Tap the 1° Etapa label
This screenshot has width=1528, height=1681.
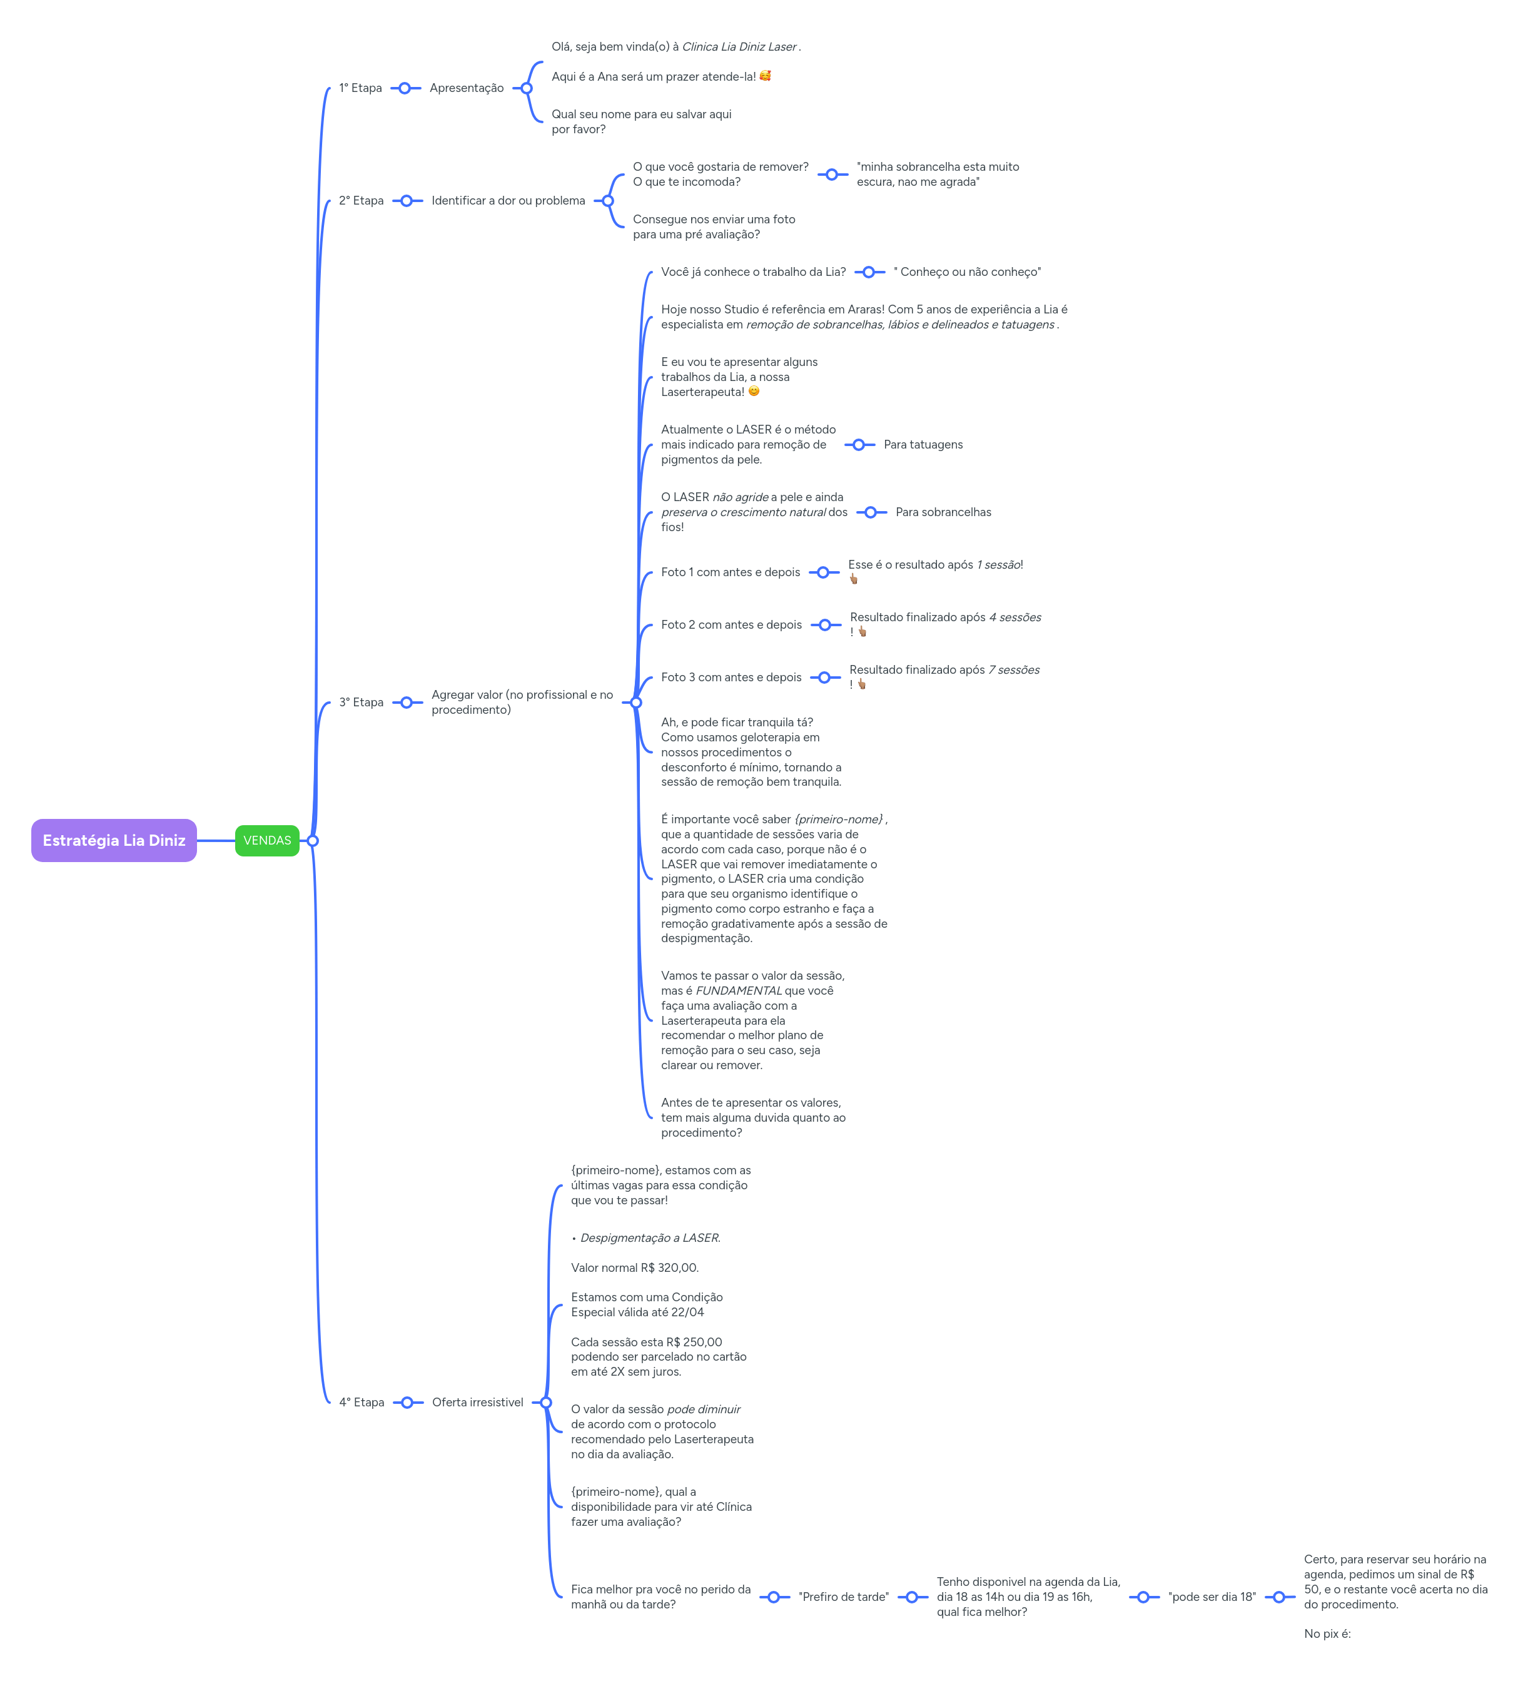pyautogui.click(x=360, y=88)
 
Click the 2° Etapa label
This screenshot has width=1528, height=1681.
pyautogui.click(x=361, y=200)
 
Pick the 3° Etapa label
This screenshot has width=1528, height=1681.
pyautogui.click(x=361, y=702)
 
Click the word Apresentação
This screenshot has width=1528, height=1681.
pyautogui.click(x=466, y=88)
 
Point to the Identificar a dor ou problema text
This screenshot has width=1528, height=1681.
pyautogui.click(x=508, y=200)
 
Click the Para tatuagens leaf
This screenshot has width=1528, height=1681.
pyautogui.click(x=923, y=444)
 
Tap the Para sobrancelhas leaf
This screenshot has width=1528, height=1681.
pyautogui.click(x=943, y=512)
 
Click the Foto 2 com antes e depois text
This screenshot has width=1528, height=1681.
pyautogui.click(x=731, y=624)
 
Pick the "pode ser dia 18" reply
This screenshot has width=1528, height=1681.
pyautogui.click(x=1212, y=1596)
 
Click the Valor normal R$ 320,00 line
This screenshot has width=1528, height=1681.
pyautogui.click(x=634, y=1267)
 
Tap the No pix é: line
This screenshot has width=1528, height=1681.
pyautogui.click(x=1327, y=1633)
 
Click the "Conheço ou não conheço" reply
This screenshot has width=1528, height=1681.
pyautogui.click(x=967, y=272)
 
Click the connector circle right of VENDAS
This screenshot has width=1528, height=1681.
pyautogui.click(x=313, y=841)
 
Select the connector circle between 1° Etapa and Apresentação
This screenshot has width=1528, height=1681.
pyautogui.click(x=404, y=88)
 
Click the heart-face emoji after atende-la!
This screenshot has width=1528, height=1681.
pyautogui.click(x=764, y=76)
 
